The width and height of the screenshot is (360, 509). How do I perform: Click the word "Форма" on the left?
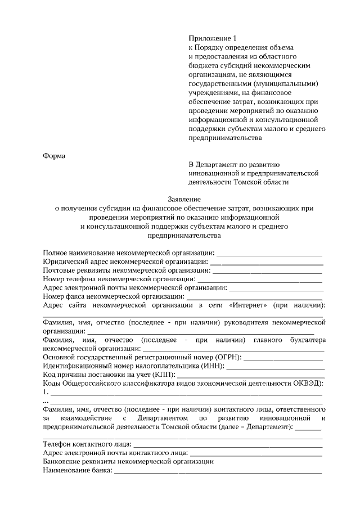click(x=55, y=156)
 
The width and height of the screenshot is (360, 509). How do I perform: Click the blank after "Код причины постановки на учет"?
click(x=251, y=375)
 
